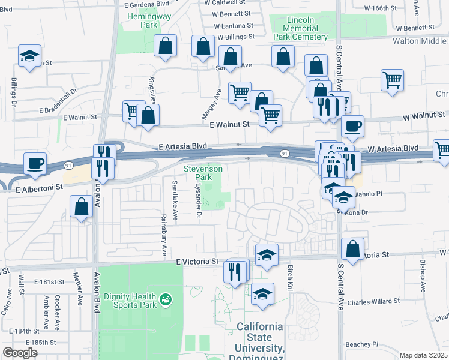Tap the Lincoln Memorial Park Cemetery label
(300, 28)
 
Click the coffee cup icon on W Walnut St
(352, 126)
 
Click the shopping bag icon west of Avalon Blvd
(81, 208)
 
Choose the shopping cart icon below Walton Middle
(392, 79)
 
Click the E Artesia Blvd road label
(183, 146)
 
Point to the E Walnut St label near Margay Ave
(229, 124)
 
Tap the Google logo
(20, 353)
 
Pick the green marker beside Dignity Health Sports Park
(166, 298)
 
